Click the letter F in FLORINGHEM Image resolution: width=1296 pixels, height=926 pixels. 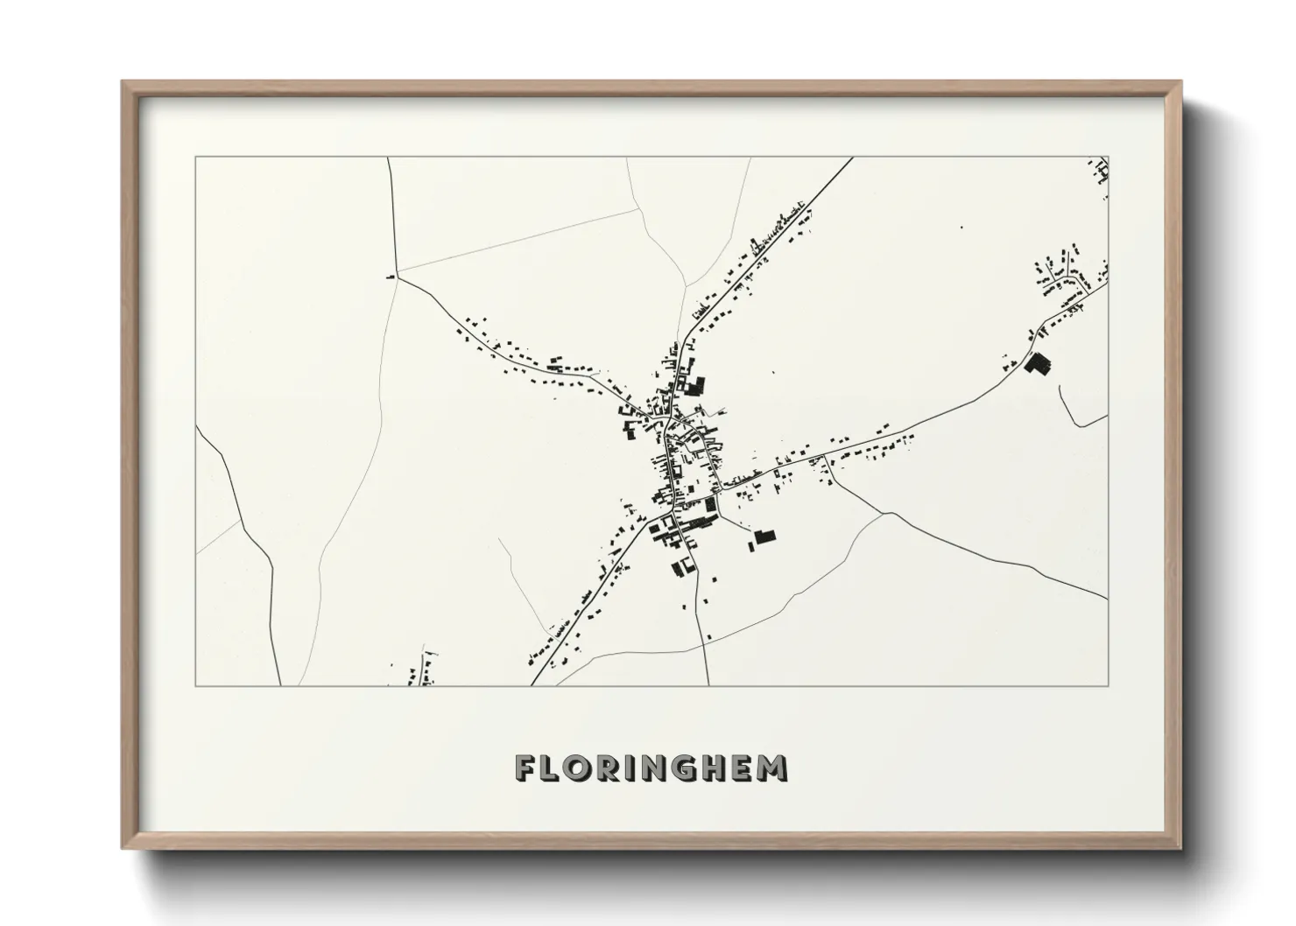tap(525, 768)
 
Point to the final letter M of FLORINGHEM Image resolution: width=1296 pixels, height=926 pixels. tap(772, 768)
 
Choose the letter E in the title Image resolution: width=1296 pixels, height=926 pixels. tap(743, 768)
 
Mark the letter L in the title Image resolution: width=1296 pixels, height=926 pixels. tap(549, 768)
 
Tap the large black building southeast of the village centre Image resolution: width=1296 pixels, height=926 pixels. tap(765, 537)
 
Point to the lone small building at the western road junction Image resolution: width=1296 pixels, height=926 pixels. tap(391, 277)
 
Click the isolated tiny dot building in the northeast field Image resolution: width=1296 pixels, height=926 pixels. tap(961, 228)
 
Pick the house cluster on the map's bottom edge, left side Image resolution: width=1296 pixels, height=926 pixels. tap(419, 670)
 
